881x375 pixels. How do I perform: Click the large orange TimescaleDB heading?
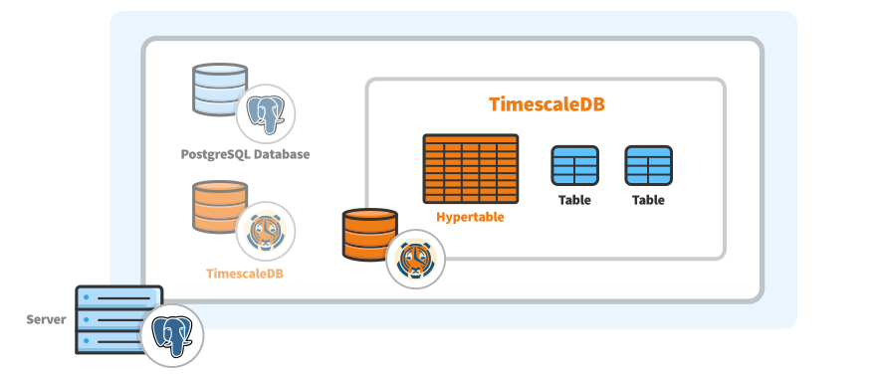point(548,104)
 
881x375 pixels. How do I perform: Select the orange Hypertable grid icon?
point(470,169)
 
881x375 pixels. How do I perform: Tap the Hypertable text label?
point(470,217)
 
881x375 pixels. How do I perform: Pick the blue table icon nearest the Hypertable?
point(574,166)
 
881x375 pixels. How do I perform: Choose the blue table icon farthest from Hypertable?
point(648,166)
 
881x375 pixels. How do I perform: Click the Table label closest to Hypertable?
point(574,200)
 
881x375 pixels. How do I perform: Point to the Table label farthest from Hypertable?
point(648,200)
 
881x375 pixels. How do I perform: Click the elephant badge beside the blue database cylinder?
point(266,112)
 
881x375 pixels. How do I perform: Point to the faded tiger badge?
point(266,230)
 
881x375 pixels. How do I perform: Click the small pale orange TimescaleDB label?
point(245,273)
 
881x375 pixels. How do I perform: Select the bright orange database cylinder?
point(368,235)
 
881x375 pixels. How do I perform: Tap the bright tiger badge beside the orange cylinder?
point(415,260)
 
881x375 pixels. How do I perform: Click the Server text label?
point(46,319)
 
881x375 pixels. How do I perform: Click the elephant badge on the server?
point(171,334)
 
